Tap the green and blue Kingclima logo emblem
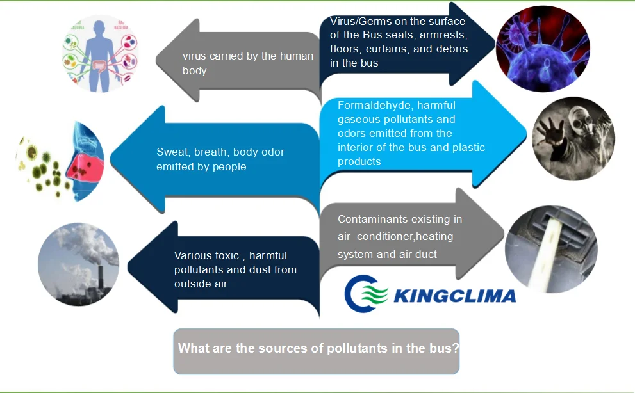[366, 294]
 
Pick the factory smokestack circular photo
[78, 264]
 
